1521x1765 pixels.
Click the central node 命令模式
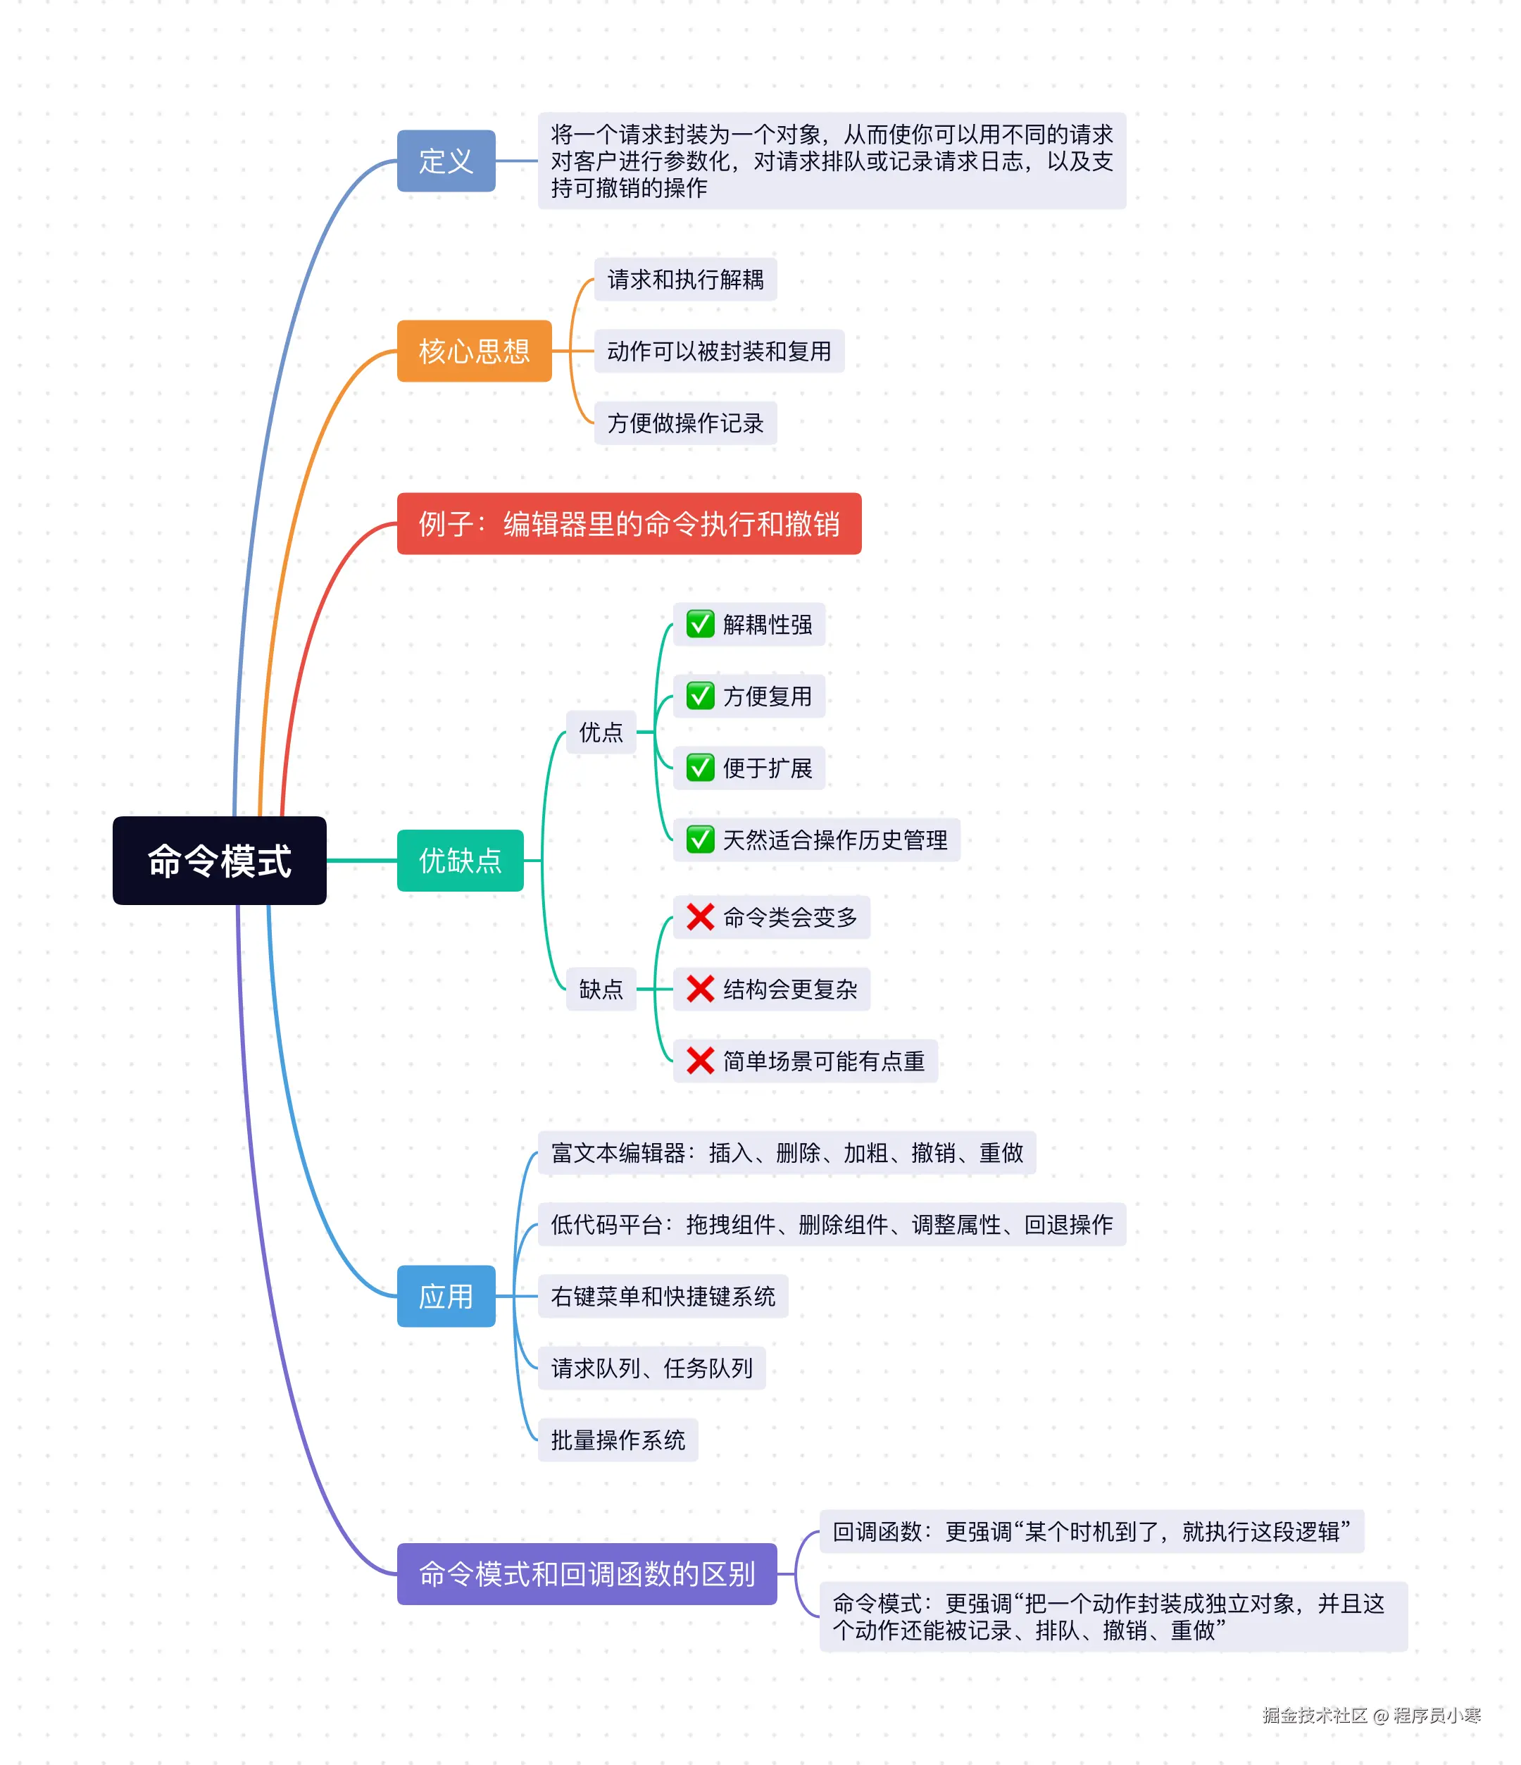pos(219,861)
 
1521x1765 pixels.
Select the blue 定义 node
pos(446,161)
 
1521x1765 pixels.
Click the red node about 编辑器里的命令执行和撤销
pos(629,524)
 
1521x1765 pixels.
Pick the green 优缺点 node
pos(460,861)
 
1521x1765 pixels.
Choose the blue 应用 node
pos(446,1297)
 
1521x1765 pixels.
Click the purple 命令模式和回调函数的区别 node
pos(587,1574)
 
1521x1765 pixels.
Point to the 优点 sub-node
pos(601,732)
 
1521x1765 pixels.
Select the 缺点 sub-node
pos(601,989)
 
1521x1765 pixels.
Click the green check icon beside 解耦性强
pos(700,625)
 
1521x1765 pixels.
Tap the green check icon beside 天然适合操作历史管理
pos(700,840)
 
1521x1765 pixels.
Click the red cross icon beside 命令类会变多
pos(700,918)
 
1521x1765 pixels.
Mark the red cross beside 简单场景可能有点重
pos(700,1061)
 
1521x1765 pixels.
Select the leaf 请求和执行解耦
pos(686,280)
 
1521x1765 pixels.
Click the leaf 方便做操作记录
pos(686,423)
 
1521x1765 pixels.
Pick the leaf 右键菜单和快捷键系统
pos(663,1297)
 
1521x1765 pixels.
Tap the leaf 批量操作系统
pos(618,1440)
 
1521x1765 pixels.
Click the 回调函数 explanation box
pos(1091,1532)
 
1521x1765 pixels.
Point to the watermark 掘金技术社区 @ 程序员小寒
pos(1371,1716)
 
